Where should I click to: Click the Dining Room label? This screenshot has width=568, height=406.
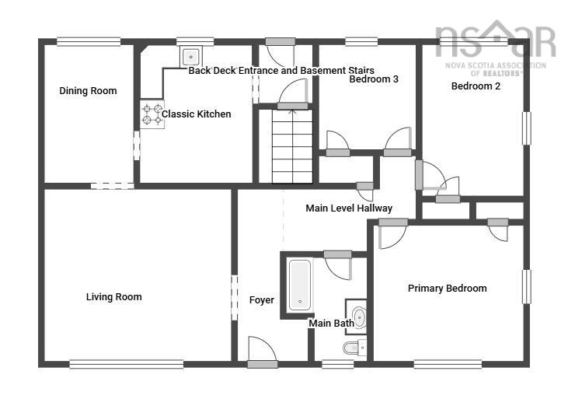click(x=88, y=91)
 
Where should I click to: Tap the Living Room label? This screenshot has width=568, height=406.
click(x=113, y=297)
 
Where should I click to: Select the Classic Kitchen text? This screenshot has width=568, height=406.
click(x=196, y=114)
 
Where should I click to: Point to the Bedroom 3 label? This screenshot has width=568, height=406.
click(x=374, y=79)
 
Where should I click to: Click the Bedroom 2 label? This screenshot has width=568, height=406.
click(x=476, y=86)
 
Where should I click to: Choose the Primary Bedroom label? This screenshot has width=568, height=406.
click(x=448, y=289)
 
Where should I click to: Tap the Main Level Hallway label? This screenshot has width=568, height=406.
click(x=349, y=208)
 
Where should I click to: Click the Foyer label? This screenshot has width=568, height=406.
click(x=261, y=300)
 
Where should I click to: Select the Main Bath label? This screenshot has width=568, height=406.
click(x=331, y=323)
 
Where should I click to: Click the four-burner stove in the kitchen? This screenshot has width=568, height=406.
click(x=152, y=114)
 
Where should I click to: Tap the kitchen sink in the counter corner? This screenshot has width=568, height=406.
click(x=191, y=56)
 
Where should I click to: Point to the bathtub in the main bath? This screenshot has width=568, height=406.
click(x=299, y=285)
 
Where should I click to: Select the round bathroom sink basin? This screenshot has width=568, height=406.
click(x=358, y=317)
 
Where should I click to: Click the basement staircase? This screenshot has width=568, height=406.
click(x=292, y=146)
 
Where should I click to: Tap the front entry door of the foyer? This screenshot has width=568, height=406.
click(x=260, y=352)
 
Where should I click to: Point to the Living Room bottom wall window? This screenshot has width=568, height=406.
click(x=126, y=363)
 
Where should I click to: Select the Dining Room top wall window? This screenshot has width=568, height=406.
click(x=89, y=41)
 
